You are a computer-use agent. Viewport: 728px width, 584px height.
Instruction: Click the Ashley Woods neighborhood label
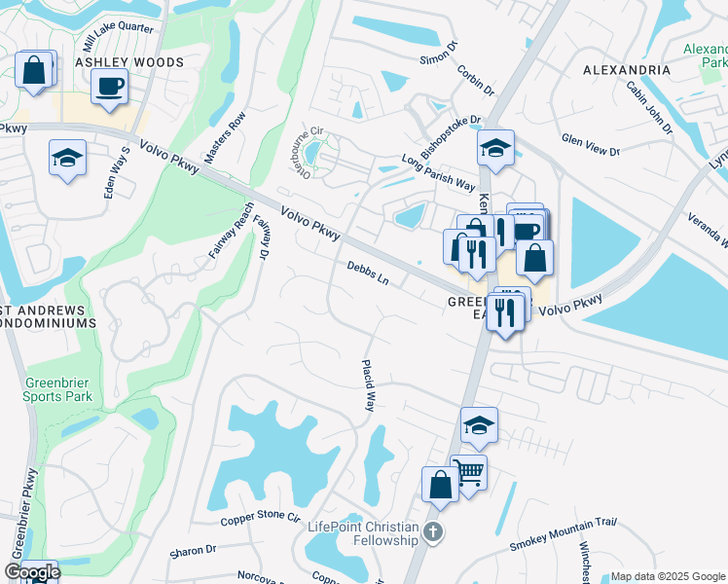click(129, 62)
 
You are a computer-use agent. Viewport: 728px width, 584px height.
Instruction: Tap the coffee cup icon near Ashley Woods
click(109, 85)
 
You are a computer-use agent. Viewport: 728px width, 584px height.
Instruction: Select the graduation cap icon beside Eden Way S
click(67, 158)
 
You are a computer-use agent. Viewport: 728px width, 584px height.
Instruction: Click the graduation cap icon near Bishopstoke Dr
click(495, 148)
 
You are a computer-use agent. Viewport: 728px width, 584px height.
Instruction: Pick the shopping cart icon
click(469, 473)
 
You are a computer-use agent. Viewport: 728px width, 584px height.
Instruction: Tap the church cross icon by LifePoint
click(434, 531)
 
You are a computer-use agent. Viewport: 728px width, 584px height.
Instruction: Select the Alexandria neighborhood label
click(626, 71)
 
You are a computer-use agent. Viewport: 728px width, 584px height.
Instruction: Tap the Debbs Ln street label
click(368, 273)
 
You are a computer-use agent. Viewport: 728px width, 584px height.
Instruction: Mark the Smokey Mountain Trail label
click(563, 534)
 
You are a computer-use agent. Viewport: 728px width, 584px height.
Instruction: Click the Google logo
click(32, 571)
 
